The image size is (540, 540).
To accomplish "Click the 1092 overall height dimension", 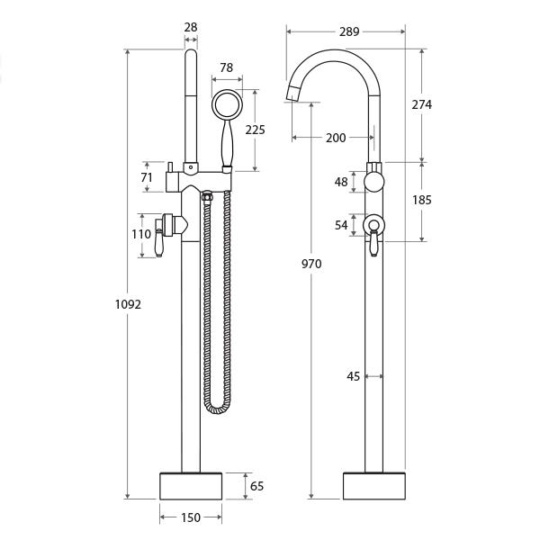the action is (x=128, y=304).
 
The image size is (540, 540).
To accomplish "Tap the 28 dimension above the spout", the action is (x=191, y=27).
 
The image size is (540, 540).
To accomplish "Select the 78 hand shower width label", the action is (x=226, y=67).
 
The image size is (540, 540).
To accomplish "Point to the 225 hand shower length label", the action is (x=256, y=130).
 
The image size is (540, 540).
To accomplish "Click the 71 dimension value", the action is (x=147, y=177).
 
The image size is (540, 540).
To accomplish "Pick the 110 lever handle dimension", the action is (x=141, y=234).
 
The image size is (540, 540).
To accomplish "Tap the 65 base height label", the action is (x=256, y=486).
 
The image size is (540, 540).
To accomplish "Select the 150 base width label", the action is (x=191, y=517).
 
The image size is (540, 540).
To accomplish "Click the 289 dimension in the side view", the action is (x=349, y=31).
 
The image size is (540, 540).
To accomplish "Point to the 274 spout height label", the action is (x=422, y=104).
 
